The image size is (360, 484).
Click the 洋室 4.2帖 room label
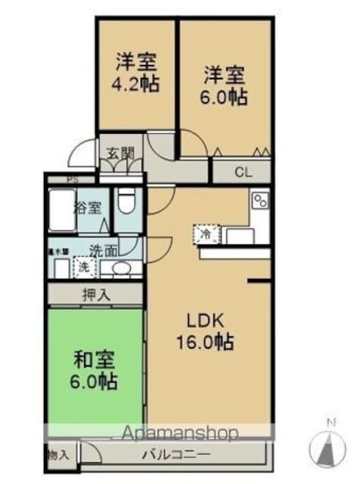[x=137, y=70]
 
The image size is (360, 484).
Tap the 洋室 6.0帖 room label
[x=225, y=85]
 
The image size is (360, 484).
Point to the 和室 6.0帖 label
[x=96, y=370]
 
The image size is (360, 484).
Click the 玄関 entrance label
[x=119, y=153]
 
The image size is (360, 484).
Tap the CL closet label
[x=242, y=172]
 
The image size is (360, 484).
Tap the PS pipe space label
[x=72, y=180]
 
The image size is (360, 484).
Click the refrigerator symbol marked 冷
[x=205, y=235]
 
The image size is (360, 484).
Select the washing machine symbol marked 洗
[x=83, y=266]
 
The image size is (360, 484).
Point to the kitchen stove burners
[x=259, y=200]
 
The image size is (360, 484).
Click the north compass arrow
[x=330, y=446]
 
